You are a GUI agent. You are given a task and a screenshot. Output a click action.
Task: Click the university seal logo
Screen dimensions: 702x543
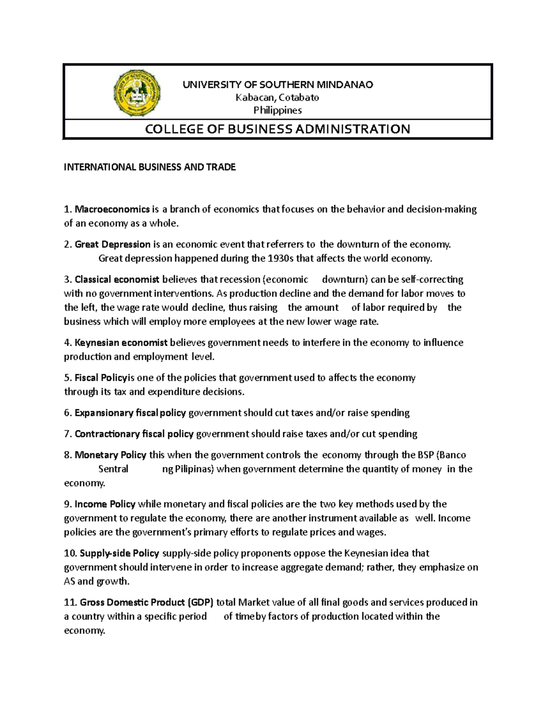(137, 94)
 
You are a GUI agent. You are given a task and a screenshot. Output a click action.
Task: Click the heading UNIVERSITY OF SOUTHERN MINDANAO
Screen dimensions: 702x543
(277, 85)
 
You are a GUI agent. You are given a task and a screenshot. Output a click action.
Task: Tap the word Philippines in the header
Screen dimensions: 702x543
(277, 110)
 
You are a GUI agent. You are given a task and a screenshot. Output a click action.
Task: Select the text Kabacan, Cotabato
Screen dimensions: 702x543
(277, 98)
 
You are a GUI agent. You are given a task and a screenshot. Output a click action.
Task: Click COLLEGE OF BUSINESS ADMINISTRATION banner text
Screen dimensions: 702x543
(277, 129)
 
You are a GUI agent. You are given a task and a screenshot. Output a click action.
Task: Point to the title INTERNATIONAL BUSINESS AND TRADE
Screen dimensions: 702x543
(150, 167)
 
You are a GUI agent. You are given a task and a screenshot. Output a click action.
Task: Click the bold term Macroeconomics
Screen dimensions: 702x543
(112, 209)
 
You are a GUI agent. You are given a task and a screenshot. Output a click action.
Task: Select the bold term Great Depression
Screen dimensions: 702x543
(113, 245)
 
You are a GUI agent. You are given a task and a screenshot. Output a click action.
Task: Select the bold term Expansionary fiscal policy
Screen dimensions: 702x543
(130, 413)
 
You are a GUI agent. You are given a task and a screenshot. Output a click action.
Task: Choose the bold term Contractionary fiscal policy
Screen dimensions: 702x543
(134, 434)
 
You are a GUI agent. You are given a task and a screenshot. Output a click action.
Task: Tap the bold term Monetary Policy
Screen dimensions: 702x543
(110, 455)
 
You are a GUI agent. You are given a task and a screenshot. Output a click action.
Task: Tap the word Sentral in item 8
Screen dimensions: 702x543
(113, 469)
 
